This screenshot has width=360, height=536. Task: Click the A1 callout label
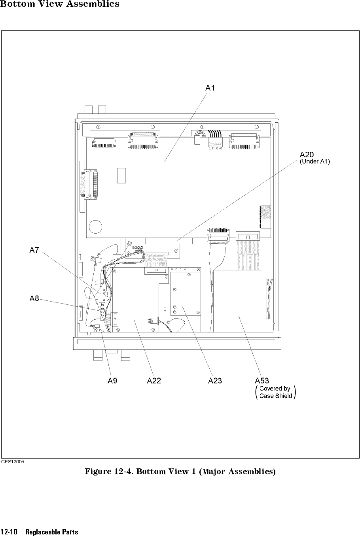coord(210,88)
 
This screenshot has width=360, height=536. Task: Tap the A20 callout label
coord(307,155)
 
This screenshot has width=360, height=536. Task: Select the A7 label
coord(34,250)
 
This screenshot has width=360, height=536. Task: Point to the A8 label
coord(34,298)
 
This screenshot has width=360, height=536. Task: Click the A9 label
coord(112,381)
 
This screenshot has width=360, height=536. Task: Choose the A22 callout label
coord(154,381)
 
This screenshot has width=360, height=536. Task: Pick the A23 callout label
coord(215,381)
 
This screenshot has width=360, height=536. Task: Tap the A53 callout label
coord(262,381)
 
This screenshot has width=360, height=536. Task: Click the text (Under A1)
coord(315,162)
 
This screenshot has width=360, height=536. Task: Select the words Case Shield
coord(276,396)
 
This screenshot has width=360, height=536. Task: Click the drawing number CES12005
coord(13,462)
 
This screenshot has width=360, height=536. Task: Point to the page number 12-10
coord(9,532)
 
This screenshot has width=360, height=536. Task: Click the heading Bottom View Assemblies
coord(60,4)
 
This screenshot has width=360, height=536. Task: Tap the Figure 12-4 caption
coord(180,472)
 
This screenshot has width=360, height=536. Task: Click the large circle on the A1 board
coord(96,226)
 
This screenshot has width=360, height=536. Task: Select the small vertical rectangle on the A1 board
coord(121,176)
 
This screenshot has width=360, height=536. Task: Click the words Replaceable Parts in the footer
coord(52,532)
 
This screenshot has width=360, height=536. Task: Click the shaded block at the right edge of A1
coord(265,217)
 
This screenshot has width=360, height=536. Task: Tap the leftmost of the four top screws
coord(98,127)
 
